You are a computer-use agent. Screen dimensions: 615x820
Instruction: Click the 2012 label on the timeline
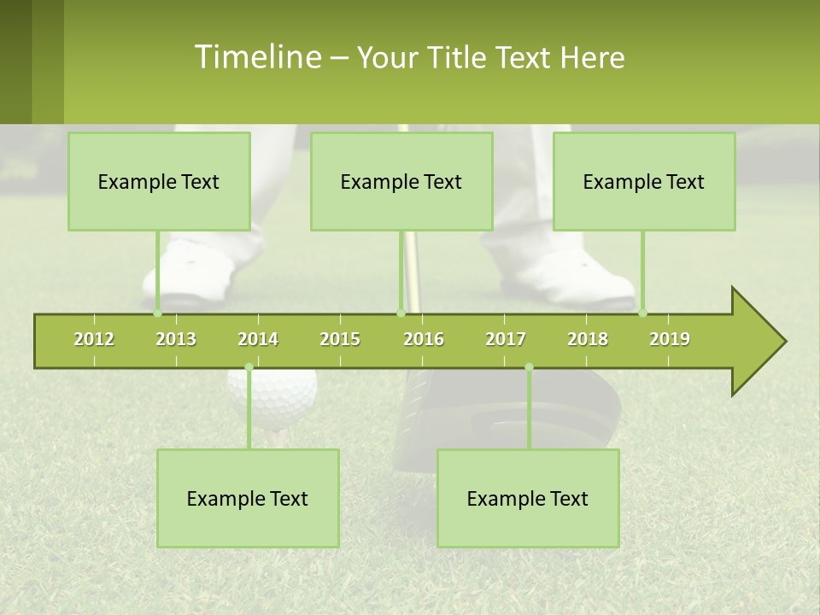(x=94, y=339)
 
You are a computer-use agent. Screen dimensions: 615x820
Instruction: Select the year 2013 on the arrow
(x=176, y=339)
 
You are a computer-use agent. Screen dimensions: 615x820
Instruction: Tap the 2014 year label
(x=258, y=339)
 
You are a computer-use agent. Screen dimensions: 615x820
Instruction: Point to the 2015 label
(x=340, y=339)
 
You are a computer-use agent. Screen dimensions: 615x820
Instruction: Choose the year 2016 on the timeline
(x=424, y=339)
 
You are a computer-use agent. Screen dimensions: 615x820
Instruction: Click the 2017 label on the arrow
(x=506, y=339)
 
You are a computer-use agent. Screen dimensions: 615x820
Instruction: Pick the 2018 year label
(x=588, y=339)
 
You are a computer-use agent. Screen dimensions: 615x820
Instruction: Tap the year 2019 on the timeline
(x=670, y=339)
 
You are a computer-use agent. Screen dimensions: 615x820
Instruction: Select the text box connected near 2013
(x=159, y=181)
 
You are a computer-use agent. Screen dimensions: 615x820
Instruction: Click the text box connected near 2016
(x=401, y=181)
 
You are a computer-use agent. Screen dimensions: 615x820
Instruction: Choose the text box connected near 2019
(x=644, y=181)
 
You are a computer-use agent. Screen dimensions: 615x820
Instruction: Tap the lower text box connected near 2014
(x=248, y=498)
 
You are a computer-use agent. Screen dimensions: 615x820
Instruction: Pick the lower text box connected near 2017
(x=528, y=498)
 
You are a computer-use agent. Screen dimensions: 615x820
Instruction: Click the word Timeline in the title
(x=256, y=57)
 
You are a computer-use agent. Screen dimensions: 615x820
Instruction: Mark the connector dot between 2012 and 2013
(x=158, y=313)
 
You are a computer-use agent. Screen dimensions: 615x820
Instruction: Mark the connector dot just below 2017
(x=529, y=367)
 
